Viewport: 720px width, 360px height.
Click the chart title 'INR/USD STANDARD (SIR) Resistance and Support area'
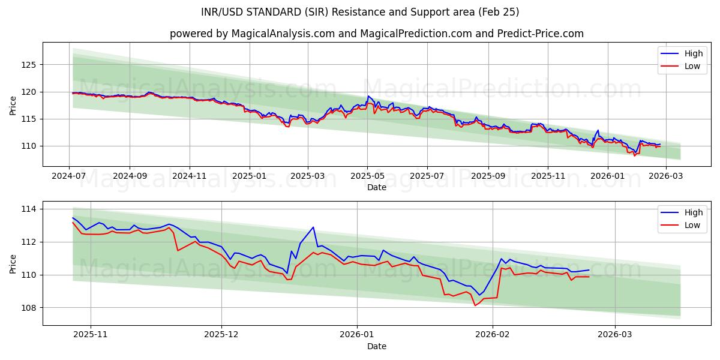(x=360, y=12)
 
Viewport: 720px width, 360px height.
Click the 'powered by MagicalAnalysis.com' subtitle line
(x=376, y=34)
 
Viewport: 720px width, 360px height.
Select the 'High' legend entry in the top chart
(x=692, y=53)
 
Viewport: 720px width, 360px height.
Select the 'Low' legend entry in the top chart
(x=692, y=66)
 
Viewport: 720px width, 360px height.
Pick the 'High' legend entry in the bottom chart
(x=692, y=212)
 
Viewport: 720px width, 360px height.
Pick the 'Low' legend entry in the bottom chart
(x=692, y=225)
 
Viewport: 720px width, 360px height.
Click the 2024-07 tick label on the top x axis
(x=69, y=176)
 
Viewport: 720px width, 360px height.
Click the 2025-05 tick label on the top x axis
(x=367, y=176)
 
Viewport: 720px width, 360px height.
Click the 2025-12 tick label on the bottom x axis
(x=221, y=335)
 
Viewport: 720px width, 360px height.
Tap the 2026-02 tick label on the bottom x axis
(x=492, y=335)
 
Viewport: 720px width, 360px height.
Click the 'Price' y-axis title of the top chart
(x=13, y=105)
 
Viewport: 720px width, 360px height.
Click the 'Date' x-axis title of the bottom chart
(x=376, y=346)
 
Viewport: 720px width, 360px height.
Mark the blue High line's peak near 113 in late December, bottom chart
(x=313, y=227)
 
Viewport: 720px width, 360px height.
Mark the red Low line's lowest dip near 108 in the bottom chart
(x=475, y=305)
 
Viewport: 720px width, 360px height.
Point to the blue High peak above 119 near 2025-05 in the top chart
(x=368, y=96)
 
